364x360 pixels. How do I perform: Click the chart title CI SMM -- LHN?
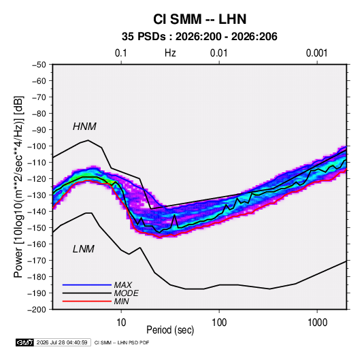[199, 19]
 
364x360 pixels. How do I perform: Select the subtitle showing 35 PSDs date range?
[199, 37]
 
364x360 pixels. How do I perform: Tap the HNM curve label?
[84, 127]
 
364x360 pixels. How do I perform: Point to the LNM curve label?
[84, 249]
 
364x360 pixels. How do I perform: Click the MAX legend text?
[123, 285]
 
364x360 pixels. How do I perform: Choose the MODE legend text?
[127, 293]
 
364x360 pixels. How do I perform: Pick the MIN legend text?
[121, 301]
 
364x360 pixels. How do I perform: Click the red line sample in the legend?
[87, 301]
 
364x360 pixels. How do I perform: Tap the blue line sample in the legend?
[87, 285]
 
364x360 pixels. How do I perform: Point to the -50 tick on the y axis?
[39, 65]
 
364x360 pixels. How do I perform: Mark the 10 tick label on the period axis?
[121, 323]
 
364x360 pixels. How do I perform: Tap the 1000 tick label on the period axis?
[317, 323]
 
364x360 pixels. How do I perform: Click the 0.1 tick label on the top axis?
[121, 53]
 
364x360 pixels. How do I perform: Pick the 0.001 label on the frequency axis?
[317, 53]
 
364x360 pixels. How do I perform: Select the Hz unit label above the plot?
[170, 53]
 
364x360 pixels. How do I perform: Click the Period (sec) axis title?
[170, 330]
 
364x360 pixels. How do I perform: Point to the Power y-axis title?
[18, 187]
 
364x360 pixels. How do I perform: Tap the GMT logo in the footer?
[24, 342]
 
